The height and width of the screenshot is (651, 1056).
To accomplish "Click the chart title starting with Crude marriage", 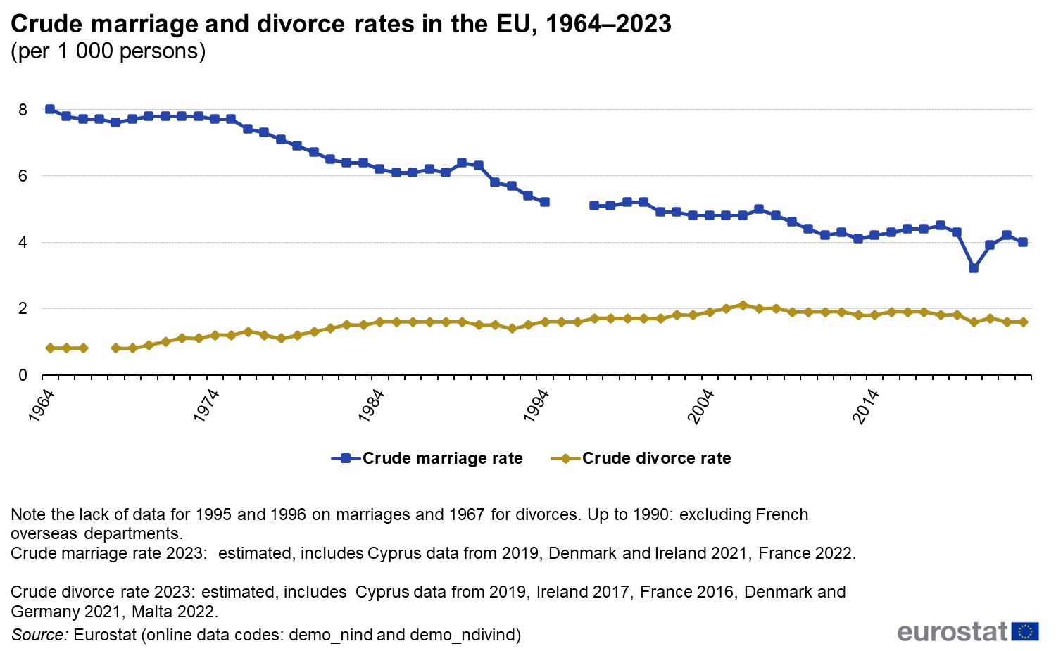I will click(x=341, y=24).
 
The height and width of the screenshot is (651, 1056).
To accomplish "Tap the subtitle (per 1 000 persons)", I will click(x=108, y=51).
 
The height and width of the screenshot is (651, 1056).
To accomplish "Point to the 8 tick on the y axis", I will click(x=23, y=110).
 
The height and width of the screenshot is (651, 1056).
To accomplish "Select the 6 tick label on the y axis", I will click(x=23, y=176).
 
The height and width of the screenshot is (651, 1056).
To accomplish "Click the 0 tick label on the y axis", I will click(x=23, y=375).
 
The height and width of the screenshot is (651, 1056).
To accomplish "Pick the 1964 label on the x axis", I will click(x=42, y=405).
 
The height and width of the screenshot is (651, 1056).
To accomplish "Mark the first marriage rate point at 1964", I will click(x=50, y=109).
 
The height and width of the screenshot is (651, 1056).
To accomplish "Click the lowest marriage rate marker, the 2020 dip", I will click(x=974, y=268).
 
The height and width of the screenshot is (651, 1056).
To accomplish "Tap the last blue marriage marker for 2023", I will click(x=1023, y=242).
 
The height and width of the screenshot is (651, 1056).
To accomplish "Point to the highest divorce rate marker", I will click(x=743, y=305).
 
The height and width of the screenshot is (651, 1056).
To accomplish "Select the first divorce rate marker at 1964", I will click(x=50, y=348).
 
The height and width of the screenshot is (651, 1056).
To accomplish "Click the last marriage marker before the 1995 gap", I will click(x=544, y=202).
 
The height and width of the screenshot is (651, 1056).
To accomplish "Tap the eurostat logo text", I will click(x=953, y=631).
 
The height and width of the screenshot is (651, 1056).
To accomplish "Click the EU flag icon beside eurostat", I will click(x=1025, y=631).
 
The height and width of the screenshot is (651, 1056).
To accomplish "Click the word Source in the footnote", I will click(x=39, y=635).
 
